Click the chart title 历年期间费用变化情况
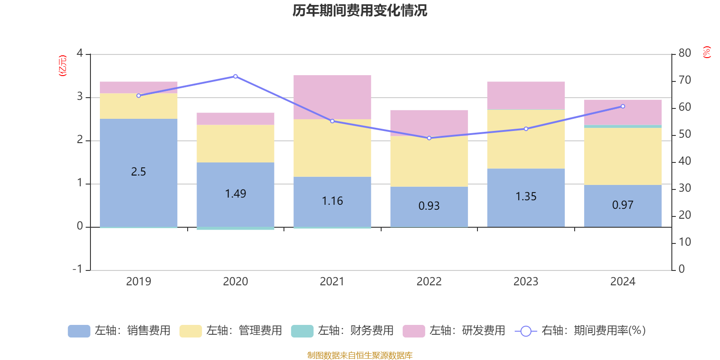(360, 10)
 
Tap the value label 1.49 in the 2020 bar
(235, 194)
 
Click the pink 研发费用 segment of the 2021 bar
(332, 97)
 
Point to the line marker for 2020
(235, 76)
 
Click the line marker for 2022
(429, 138)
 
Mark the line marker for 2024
(623, 107)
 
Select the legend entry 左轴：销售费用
(119, 331)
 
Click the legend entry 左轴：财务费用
(342, 331)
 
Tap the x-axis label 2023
(526, 282)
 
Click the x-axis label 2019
(139, 282)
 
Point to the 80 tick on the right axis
(684, 53)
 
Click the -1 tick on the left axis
(78, 269)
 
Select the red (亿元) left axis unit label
(63, 66)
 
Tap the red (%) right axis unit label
(707, 52)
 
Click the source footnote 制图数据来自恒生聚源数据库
(360, 355)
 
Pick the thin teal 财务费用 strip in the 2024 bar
(623, 126)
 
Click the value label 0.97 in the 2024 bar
(623, 205)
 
